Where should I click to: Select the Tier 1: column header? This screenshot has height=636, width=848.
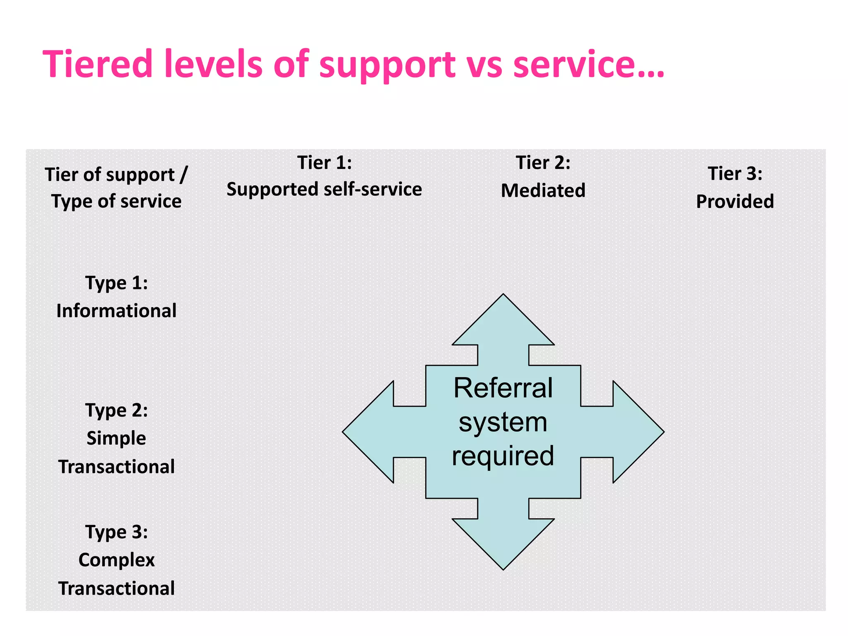[x=324, y=163]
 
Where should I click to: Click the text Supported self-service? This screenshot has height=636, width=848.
[x=324, y=190]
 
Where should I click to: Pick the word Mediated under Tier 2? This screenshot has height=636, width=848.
[x=543, y=191]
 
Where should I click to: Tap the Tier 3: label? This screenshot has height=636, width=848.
[x=735, y=173]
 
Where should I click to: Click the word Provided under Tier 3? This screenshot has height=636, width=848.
[x=735, y=202]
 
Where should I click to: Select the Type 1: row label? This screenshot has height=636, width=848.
[x=116, y=283]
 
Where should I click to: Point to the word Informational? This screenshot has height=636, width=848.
[x=116, y=311]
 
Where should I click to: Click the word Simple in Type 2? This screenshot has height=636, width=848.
[x=116, y=438]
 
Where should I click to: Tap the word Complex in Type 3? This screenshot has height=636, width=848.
[x=116, y=560]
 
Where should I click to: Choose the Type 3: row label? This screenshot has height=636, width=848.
[x=116, y=532]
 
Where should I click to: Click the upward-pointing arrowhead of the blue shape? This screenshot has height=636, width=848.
[x=503, y=323]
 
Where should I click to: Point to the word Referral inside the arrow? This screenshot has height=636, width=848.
[x=503, y=388]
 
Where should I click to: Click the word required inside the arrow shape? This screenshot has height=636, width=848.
[x=503, y=456]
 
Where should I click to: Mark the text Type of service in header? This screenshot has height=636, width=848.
[x=116, y=202]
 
